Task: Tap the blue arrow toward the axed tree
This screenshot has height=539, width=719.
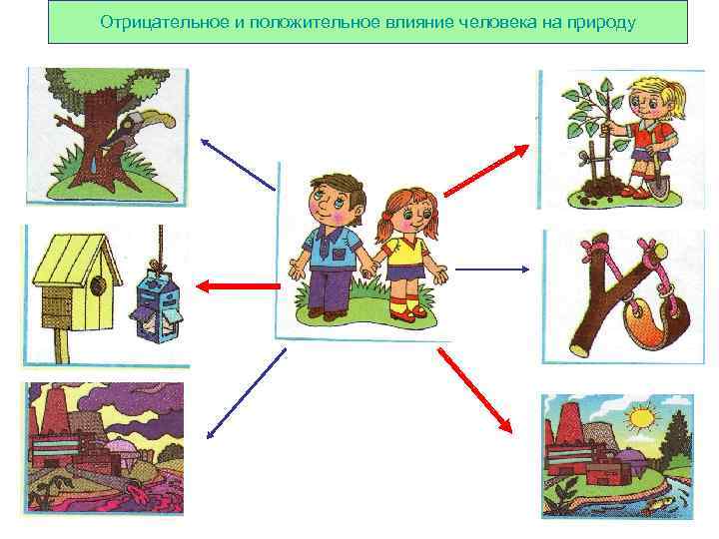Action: tap(238, 165)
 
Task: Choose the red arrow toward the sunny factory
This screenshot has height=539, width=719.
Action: tap(475, 390)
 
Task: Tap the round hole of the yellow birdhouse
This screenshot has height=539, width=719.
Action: tap(97, 285)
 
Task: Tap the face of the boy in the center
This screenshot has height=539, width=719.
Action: tap(329, 204)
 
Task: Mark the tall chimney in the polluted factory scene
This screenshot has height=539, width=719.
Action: tap(55, 409)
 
